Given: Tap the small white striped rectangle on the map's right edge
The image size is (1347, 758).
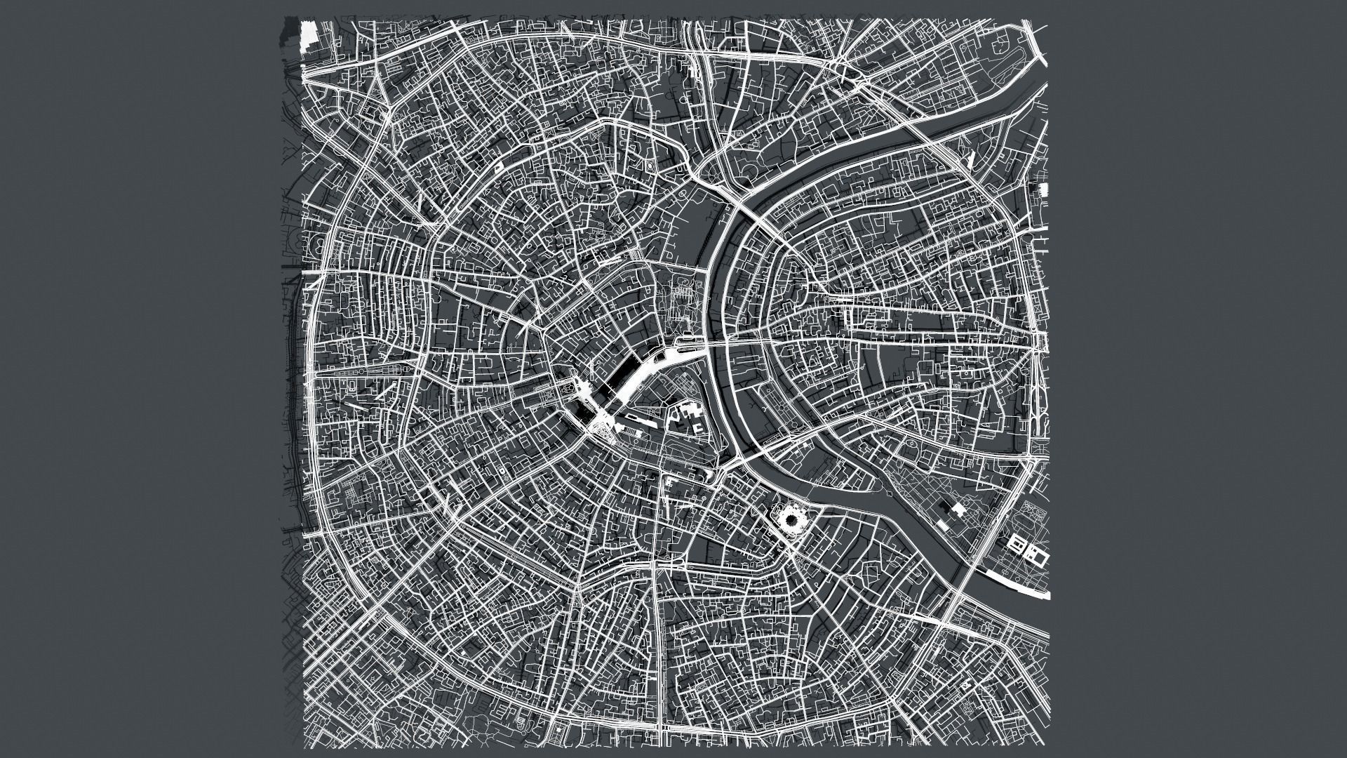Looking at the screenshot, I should [x=1043, y=189].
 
